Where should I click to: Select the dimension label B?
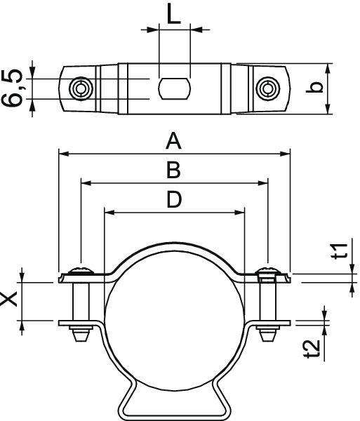[173, 171]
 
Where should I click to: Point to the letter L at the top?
[174, 14]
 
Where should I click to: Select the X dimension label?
[10, 300]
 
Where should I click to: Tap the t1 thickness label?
[338, 251]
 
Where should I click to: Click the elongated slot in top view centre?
[174, 88]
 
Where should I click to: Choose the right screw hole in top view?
[266, 88]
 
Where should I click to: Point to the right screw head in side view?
[267, 272]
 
